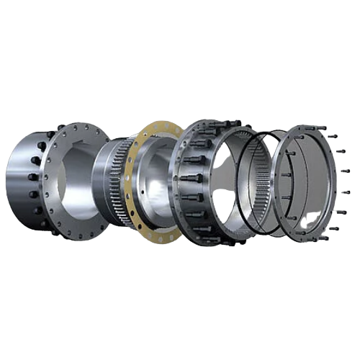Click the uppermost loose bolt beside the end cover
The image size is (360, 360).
[x=338, y=132]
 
